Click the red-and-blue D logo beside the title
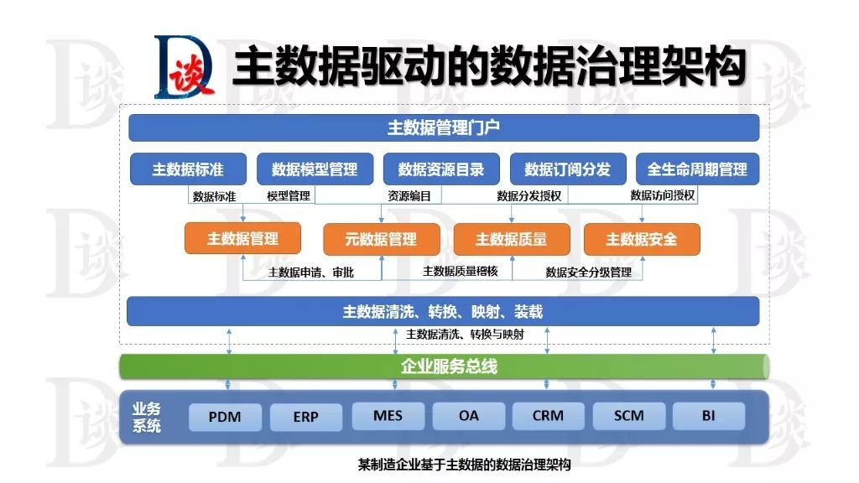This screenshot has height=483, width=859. point(185,67)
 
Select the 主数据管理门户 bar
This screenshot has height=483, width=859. point(444,127)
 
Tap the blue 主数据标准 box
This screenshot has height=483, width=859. point(188,169)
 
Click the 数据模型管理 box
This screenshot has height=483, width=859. point(315,169)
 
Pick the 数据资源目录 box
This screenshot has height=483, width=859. point(441,169)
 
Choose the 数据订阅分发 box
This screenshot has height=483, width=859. point(568,169)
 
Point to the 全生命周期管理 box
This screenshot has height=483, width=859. point(697,169)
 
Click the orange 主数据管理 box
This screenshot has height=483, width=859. point(242,239)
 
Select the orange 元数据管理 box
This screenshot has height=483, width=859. point(381,239)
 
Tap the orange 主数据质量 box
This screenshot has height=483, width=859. point(511,239)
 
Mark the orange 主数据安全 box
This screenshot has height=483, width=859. point(642,239)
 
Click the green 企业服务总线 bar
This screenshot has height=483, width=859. point(444,366)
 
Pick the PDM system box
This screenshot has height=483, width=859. point(226,417)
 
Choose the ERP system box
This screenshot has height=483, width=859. point(306,417)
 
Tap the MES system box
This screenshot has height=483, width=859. point(388,416)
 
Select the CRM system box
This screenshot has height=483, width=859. point(547,416)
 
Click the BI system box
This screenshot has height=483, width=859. point(709,416)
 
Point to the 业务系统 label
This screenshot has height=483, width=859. point(147,417)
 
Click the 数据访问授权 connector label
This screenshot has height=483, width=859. point(663,196)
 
